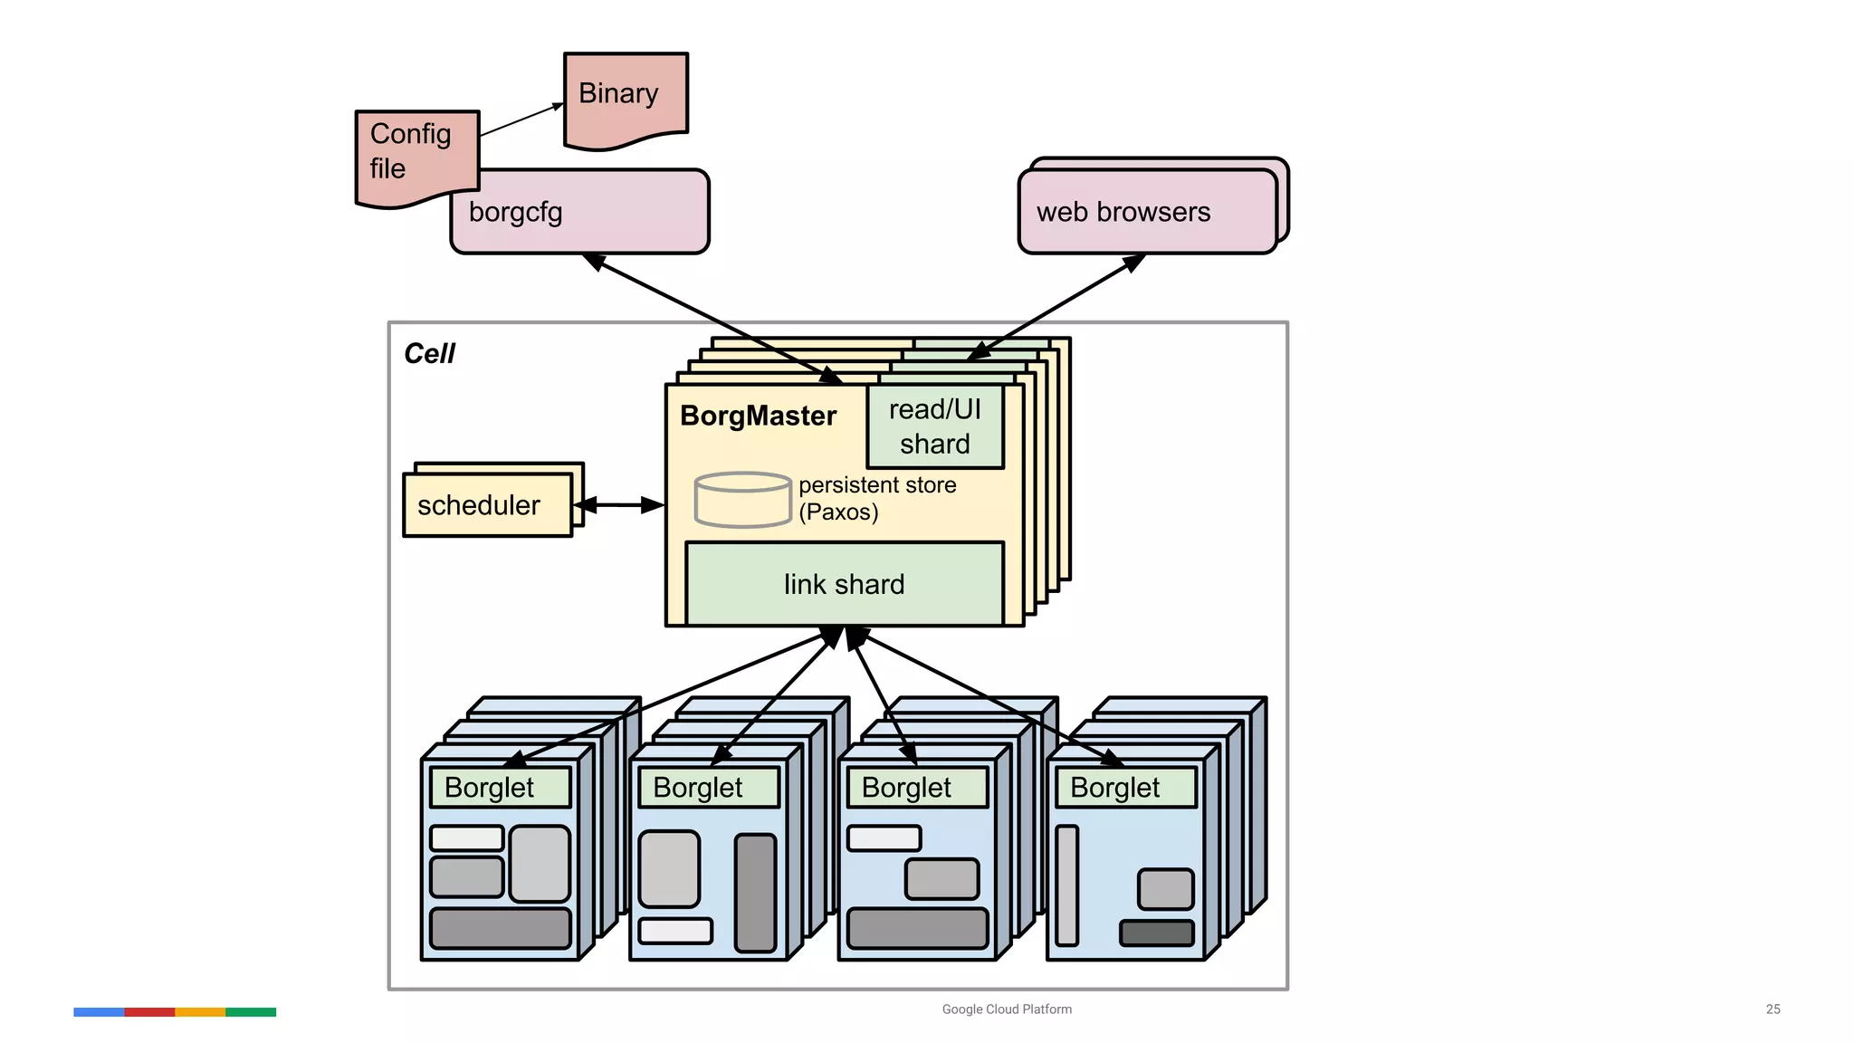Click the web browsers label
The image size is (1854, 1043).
pos(1123,212)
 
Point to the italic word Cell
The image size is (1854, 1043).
pos(429,353)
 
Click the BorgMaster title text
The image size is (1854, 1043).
pos(758,416)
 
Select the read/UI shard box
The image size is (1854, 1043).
pos(935,426)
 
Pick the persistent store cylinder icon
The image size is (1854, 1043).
pos(742,500)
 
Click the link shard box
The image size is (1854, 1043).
pos(844,584)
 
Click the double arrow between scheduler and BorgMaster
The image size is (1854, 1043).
pos(619,505)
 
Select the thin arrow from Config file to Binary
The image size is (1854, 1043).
pos(521,120)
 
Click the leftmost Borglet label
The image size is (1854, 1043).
pos(490,788)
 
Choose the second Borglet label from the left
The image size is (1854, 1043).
pos(698,788)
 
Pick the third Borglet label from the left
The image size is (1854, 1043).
pos(906,788)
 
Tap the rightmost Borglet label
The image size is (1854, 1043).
pos(1114,788)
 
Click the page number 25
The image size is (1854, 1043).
pos(1773,1009)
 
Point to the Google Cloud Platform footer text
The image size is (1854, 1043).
pos(1007,1009)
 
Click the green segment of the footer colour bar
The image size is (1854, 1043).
pos(251,1012)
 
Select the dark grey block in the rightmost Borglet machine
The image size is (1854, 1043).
pos(1157,933)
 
